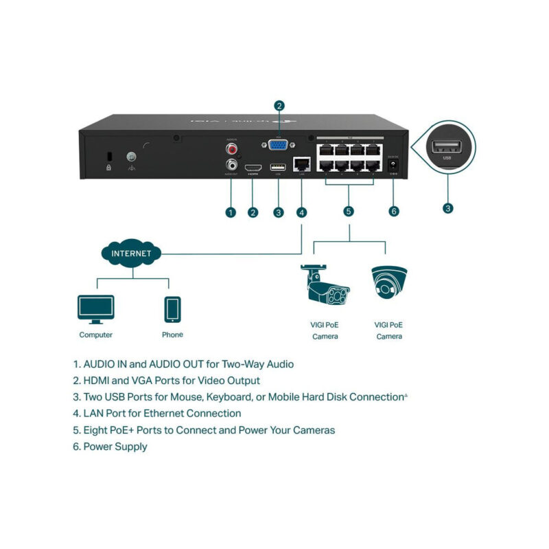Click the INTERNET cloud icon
tap(130, 254)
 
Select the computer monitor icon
tap(96, 309)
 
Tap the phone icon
tap(172, 309)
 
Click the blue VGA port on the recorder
tap(279, 145)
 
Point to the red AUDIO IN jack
tap(232, 148)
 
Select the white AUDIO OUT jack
tap(232, 165)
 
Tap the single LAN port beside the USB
tap(301, 164)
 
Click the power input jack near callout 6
tap(393, 165)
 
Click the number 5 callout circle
tap(349, 211)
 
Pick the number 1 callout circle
tap(231, 212)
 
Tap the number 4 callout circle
tap(301, 212)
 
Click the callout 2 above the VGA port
tap(279, 106)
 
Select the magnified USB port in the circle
tap(447, 146)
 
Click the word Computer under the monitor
tap(96, 335)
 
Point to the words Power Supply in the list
tap(115, 447)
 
